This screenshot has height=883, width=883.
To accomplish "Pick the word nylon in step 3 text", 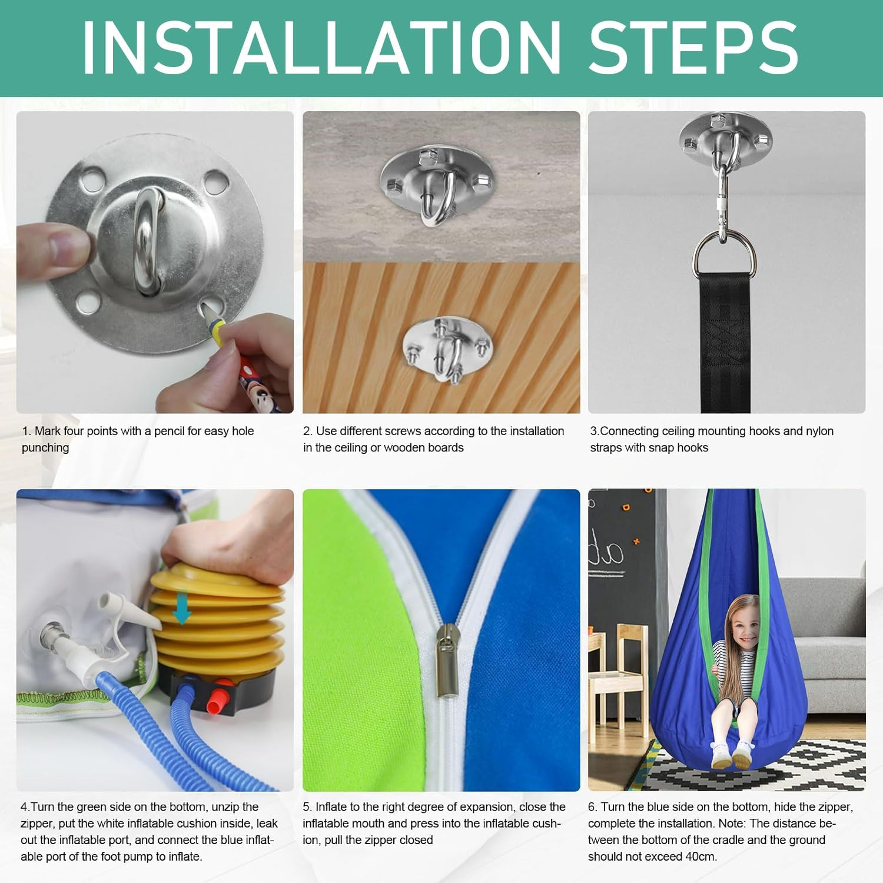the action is point(819,431).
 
